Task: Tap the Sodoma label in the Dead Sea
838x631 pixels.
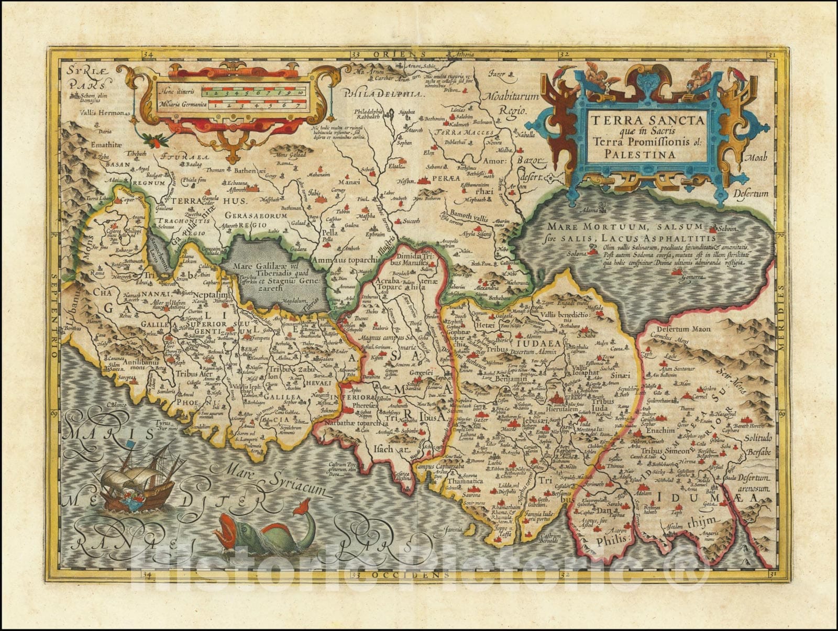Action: coord(576,253)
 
